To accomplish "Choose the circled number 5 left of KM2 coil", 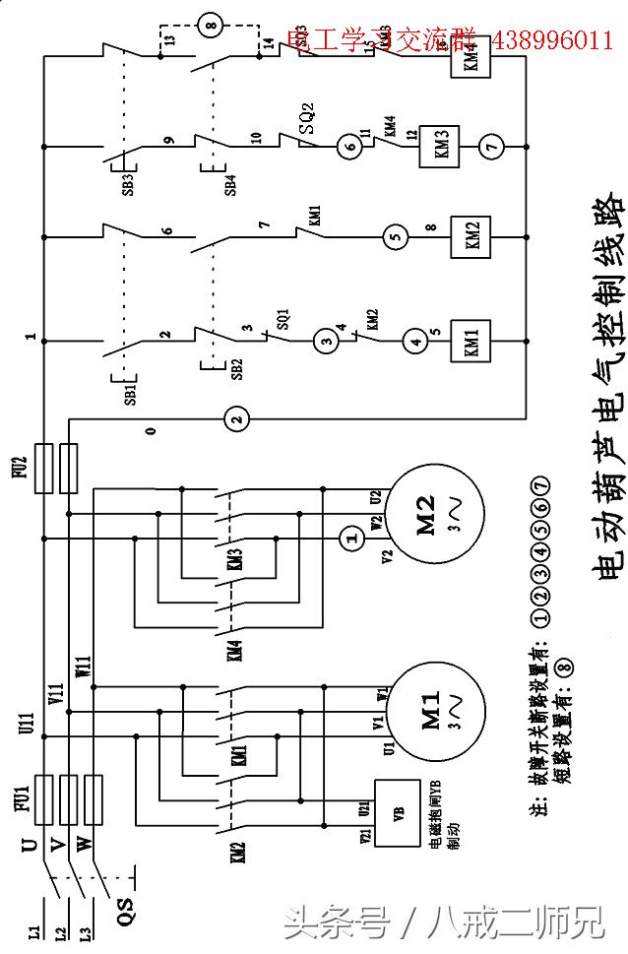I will pos(395,236).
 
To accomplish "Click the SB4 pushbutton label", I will pos(230,185).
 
